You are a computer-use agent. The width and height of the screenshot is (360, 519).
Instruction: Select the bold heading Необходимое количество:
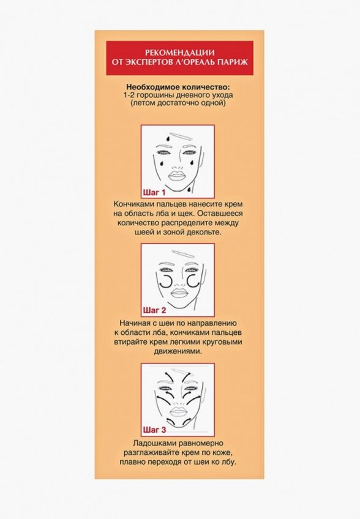(178, 88)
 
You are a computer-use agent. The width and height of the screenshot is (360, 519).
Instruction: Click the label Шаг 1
(154, 193)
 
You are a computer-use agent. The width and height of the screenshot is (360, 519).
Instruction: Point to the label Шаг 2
(154, 310)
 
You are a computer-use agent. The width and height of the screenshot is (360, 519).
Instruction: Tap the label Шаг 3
(154, 430)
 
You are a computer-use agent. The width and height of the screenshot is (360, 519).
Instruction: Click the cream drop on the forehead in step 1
(168, 138)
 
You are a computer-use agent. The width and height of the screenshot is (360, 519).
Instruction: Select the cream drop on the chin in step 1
(189, 189)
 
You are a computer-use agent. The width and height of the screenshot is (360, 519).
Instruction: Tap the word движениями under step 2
(178, 351)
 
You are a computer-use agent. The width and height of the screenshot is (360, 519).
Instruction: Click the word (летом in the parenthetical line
(140, 103)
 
